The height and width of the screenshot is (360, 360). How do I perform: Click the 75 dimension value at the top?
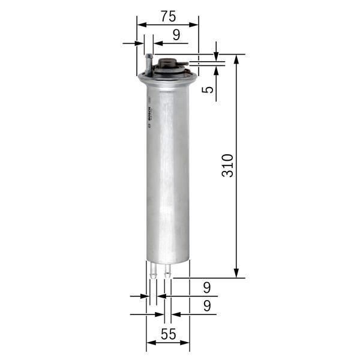coord(169,14)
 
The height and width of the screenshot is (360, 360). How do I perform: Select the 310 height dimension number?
coord(227,166)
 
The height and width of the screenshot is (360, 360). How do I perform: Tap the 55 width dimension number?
coord(169,335)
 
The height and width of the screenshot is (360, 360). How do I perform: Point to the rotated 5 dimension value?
coord(208,90)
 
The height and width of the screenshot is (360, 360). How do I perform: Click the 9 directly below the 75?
coord(176,35)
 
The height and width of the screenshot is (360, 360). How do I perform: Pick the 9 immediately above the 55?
coord(207,306)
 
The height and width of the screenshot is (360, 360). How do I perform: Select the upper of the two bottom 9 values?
coord(207,287)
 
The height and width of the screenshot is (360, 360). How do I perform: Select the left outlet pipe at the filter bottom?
coord(154,270)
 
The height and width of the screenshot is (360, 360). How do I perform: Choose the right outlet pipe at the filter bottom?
coord(167,270)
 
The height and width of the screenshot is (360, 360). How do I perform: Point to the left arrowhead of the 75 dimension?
coord(141,25)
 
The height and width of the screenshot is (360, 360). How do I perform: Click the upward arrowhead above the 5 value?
coord(216,68)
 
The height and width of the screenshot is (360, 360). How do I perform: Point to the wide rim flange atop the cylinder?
coord(168,76)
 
